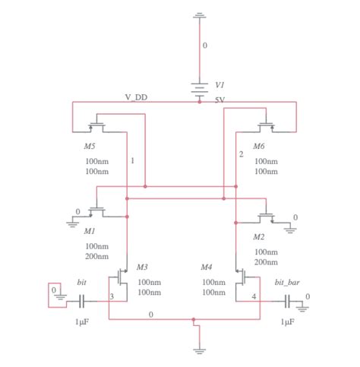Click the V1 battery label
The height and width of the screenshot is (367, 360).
coord(219,84)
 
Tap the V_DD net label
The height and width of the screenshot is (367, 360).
coord(137,97)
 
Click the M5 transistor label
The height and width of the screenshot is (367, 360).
coord(90,144)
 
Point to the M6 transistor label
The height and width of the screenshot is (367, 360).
coord(260,144)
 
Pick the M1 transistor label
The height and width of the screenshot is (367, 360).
coord(90,230)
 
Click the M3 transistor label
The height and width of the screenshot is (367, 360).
coord(142,267)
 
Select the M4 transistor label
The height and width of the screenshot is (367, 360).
coord(207,267)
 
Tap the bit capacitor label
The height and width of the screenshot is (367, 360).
coord(82,282)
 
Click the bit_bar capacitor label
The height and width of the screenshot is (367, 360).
coord(287,282)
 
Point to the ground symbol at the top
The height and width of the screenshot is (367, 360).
coord(200,14)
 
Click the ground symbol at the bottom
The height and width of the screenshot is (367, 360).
coord(200,350)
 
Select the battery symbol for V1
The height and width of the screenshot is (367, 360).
coord(200,90)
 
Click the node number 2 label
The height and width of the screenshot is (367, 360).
coord(241,154)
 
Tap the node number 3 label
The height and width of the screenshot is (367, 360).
coord(112,296)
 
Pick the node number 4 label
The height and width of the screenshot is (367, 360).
coord(254,296)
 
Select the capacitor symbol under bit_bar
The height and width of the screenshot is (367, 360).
coord(287,301)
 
